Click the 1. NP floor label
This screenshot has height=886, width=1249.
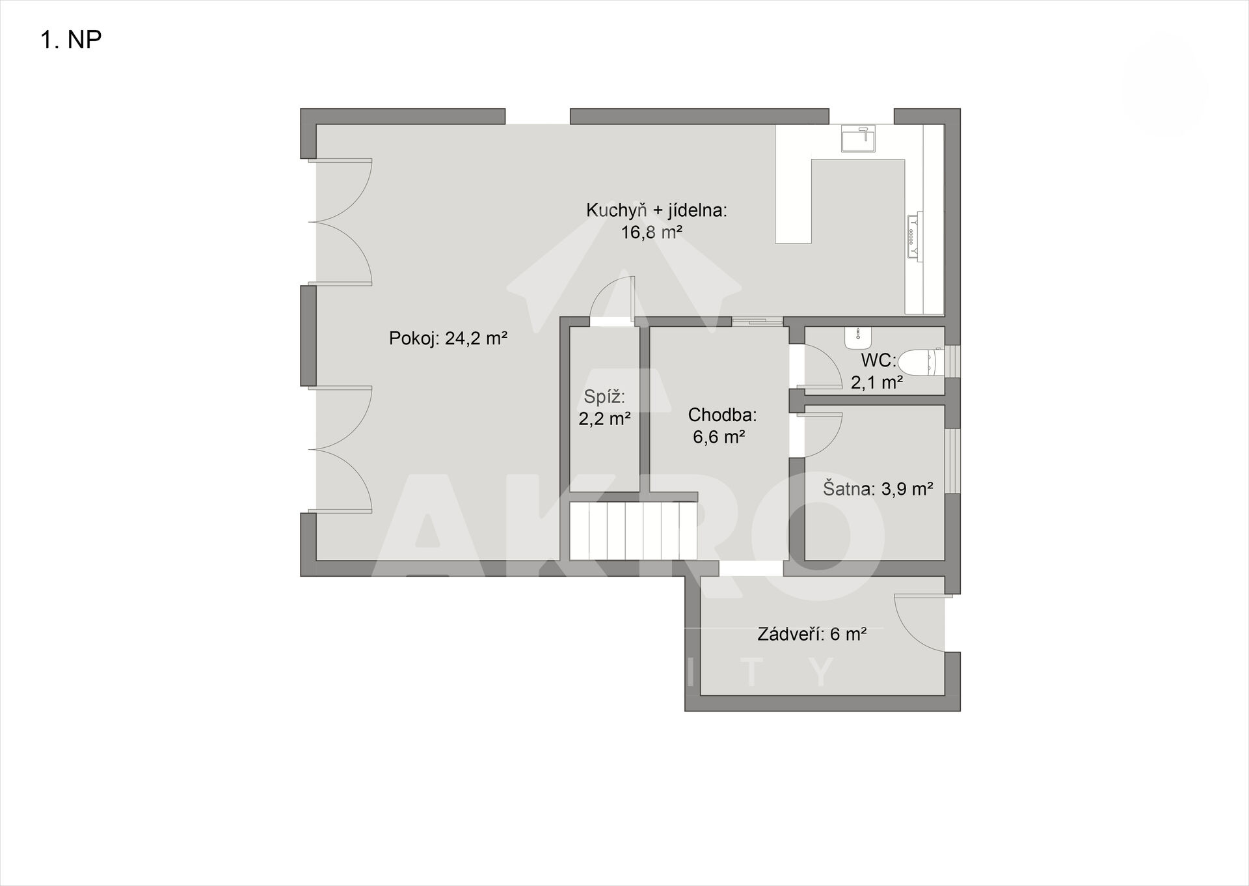[x=71, y=40]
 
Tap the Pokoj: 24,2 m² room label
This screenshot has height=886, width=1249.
[x=448, y=339]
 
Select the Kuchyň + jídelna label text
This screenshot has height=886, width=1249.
[x=656, y=211]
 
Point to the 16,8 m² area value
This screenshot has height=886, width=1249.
[x=651, y=232]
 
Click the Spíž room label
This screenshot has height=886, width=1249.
[x=604, y=396]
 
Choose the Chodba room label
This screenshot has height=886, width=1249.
[x=722, y=415]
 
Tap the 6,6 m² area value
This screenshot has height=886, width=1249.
[x=719, y=437]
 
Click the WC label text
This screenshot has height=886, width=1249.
[x=879, y=360]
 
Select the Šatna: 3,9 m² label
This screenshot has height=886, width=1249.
[x=878, y=488]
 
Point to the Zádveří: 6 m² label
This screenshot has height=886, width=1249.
[x=812, y=634]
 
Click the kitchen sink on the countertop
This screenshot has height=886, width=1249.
[x=858, y=138]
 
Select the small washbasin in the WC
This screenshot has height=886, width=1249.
[x=859, y=336]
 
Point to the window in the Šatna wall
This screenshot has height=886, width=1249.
[x=952, y=461]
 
